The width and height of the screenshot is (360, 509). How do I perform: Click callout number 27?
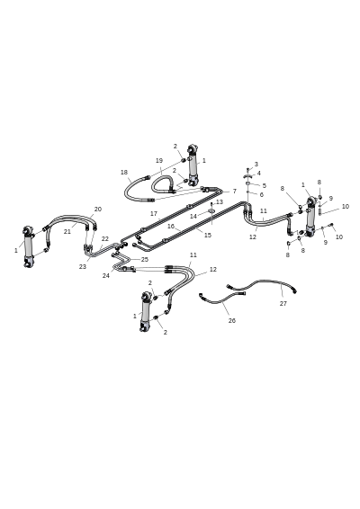[283, 304]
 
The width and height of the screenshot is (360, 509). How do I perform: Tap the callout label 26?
[231, 321]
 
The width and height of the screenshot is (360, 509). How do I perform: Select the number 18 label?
[124, 173]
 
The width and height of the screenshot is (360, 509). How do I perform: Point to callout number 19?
[159, 160]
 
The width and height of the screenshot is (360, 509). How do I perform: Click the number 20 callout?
[98, 209]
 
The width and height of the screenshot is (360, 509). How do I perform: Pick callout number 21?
[67, 232]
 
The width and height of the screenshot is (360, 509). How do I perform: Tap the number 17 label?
[154, 214]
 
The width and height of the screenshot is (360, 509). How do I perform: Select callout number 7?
[235, 192]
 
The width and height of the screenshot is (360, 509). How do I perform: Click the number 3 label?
[256, 165]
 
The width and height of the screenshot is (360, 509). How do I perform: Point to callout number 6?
[262, 195]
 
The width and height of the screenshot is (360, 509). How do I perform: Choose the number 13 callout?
[220, 202]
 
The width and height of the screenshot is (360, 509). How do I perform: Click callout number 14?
[193, 216]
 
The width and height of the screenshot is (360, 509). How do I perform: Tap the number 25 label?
[145, 259]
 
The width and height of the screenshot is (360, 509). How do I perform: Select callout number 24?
[106, 275]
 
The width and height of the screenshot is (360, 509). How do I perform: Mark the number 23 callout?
[83, 266]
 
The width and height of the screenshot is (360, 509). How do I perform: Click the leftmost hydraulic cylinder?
[28, 246]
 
